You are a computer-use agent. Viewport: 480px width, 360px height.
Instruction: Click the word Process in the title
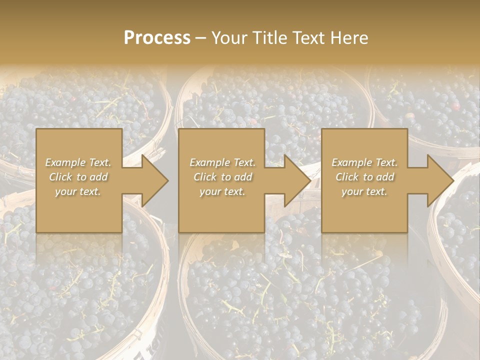tap(157, 38)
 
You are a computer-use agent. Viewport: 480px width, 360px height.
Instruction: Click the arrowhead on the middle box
tap(293, 180)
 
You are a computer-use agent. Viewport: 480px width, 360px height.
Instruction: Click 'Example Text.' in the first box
tap(78, 162)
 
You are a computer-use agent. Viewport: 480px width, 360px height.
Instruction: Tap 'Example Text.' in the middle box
tap(222, 162)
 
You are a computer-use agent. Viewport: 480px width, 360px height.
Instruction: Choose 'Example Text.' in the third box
tap(364, 162)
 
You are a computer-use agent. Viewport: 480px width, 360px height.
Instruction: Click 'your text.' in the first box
tap(78, 191)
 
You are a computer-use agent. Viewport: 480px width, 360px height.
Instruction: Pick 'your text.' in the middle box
tap(222, 191)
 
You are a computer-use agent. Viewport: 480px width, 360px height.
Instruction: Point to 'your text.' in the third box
tap(364, 191)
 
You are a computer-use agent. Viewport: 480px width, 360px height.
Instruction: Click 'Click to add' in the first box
tap(78, 177)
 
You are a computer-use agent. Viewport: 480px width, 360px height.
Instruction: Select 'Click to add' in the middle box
tap(222, 177)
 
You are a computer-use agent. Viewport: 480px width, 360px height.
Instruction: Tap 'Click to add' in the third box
tap(364, 177)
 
